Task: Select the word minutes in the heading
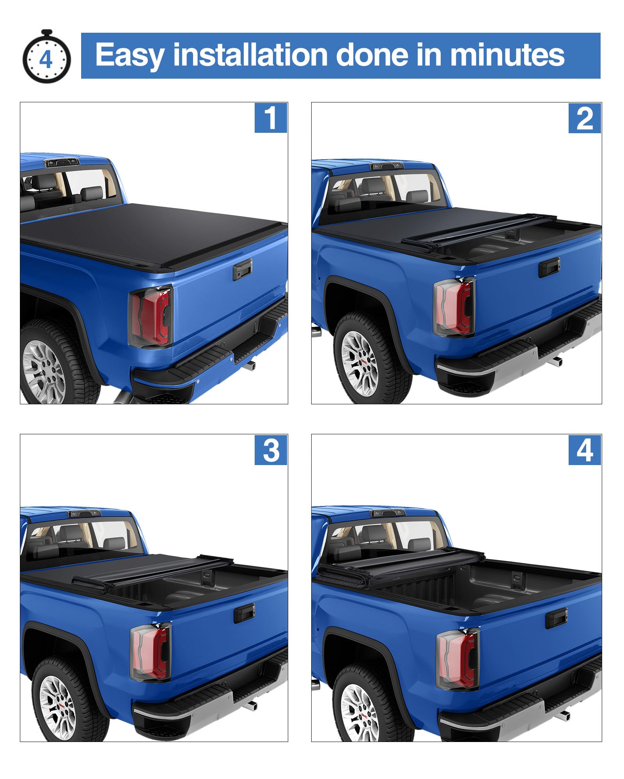[507, 55]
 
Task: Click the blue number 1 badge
[271, 118]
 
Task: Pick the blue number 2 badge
[585, 118]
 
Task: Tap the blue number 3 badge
[271, 450]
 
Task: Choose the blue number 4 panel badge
[585, 450]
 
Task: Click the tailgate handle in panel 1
[243, 270]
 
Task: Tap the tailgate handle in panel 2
[550, 268]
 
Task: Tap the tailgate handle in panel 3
[244, 613]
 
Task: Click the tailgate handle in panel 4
[556, 617]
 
